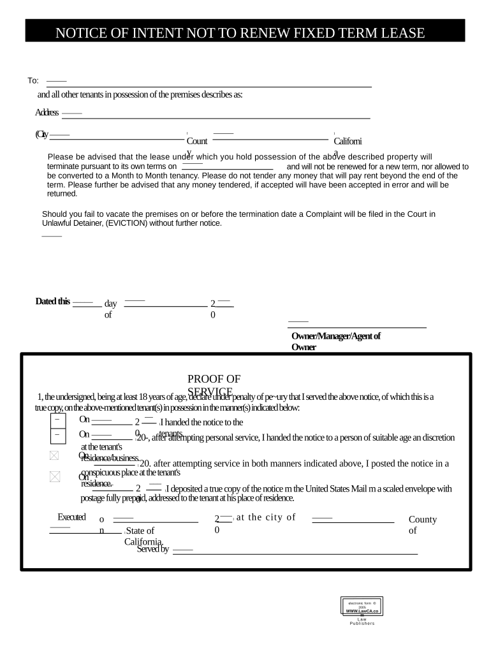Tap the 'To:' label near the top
[x=33, y=80]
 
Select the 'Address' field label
[x=47, y=113]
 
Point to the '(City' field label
[x=42, y=134]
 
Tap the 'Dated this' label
[x=52, y=302]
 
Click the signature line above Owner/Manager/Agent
[x=356, y=327]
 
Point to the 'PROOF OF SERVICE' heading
[x=214, y=385]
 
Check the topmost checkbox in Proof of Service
[x=57, y=420]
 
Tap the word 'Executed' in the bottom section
[x=71, y=517]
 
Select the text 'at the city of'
[x=266, y=517]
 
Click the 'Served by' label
[x=152, y=549]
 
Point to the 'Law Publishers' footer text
[x=362, y=621]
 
